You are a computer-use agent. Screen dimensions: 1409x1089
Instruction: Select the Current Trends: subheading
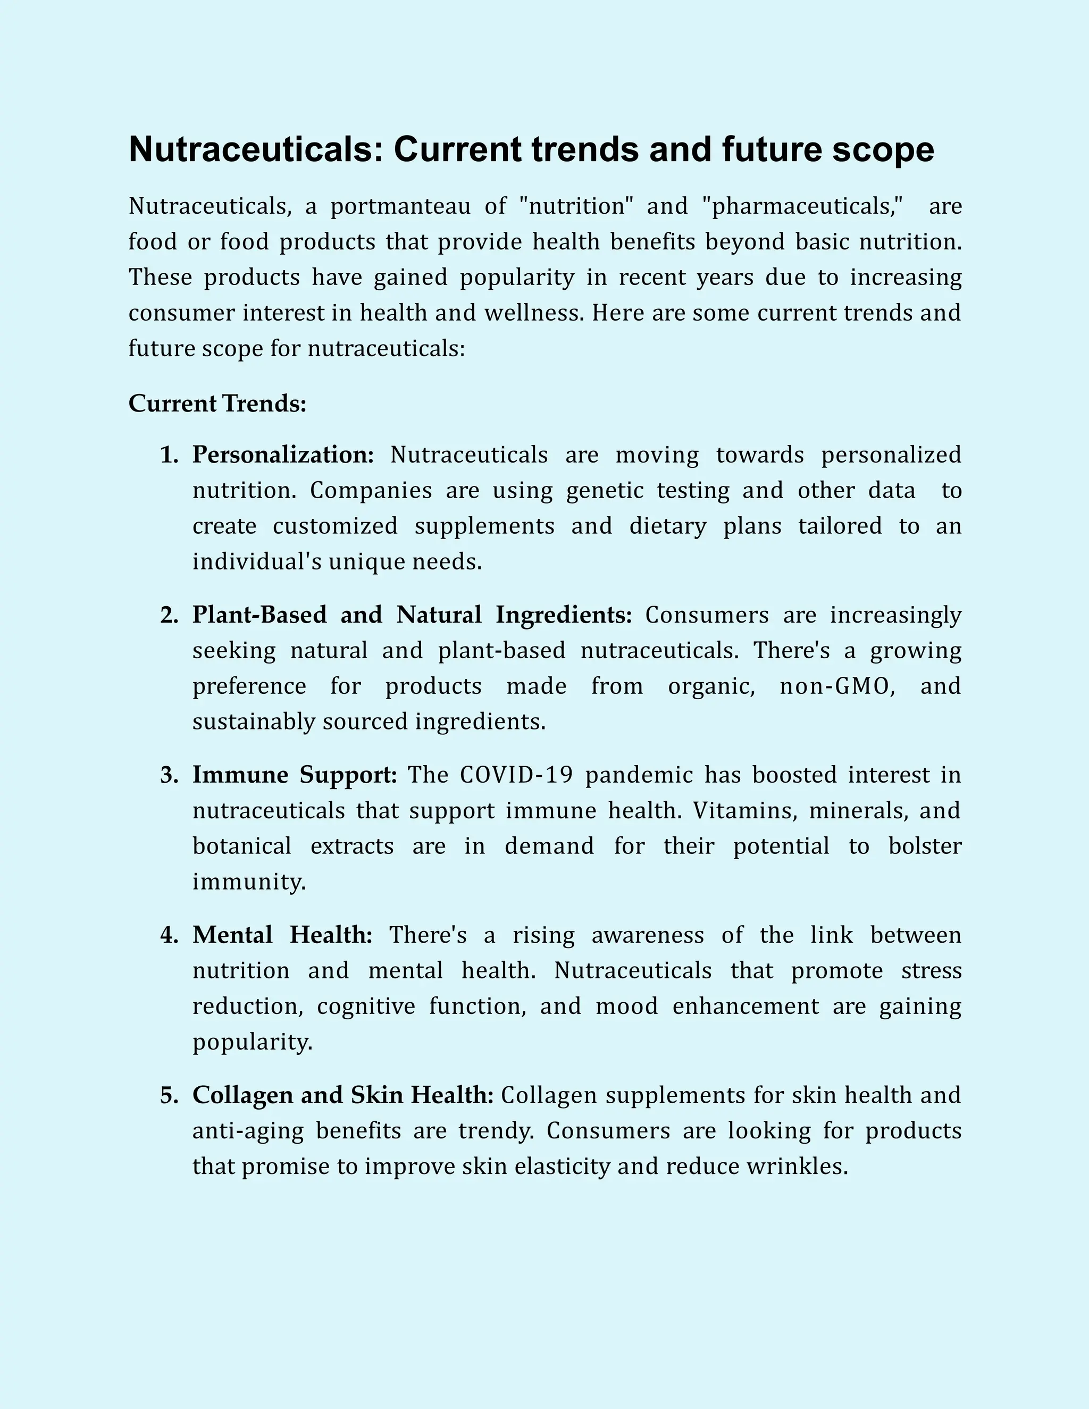pos(217,404)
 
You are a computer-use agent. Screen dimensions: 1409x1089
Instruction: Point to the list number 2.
pos(169,615)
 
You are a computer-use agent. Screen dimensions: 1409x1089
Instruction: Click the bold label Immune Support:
pos(295,775)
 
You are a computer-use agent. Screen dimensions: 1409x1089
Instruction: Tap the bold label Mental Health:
pos(282,935)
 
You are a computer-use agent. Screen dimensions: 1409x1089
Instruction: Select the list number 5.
pos(169,1095)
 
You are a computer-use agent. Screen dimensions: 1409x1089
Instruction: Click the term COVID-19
pos(516,775)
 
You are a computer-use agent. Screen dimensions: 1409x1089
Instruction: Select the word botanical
pos(242,846)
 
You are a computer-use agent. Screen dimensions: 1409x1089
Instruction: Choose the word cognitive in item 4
pos(366,1007)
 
